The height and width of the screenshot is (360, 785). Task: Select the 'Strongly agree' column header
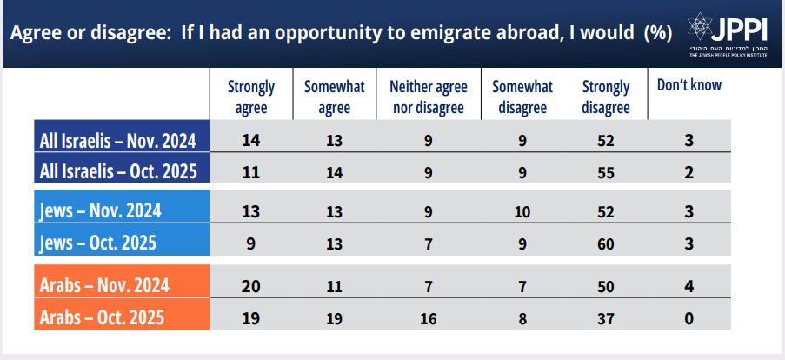pos(251,97)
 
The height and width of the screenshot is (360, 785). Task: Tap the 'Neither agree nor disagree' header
pos(428,97)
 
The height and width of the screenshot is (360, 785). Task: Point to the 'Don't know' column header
pos(689,86)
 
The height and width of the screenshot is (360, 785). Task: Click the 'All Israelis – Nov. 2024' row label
pos(119,140)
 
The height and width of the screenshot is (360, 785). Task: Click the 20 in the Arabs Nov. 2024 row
pos(251,285)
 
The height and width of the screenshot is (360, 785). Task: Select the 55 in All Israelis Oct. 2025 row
pos(607,170)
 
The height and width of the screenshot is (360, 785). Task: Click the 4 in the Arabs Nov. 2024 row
pos(689,285)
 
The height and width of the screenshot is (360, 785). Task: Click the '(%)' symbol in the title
pos(657,34)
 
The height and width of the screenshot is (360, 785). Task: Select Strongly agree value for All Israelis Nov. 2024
pos(251,140)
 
